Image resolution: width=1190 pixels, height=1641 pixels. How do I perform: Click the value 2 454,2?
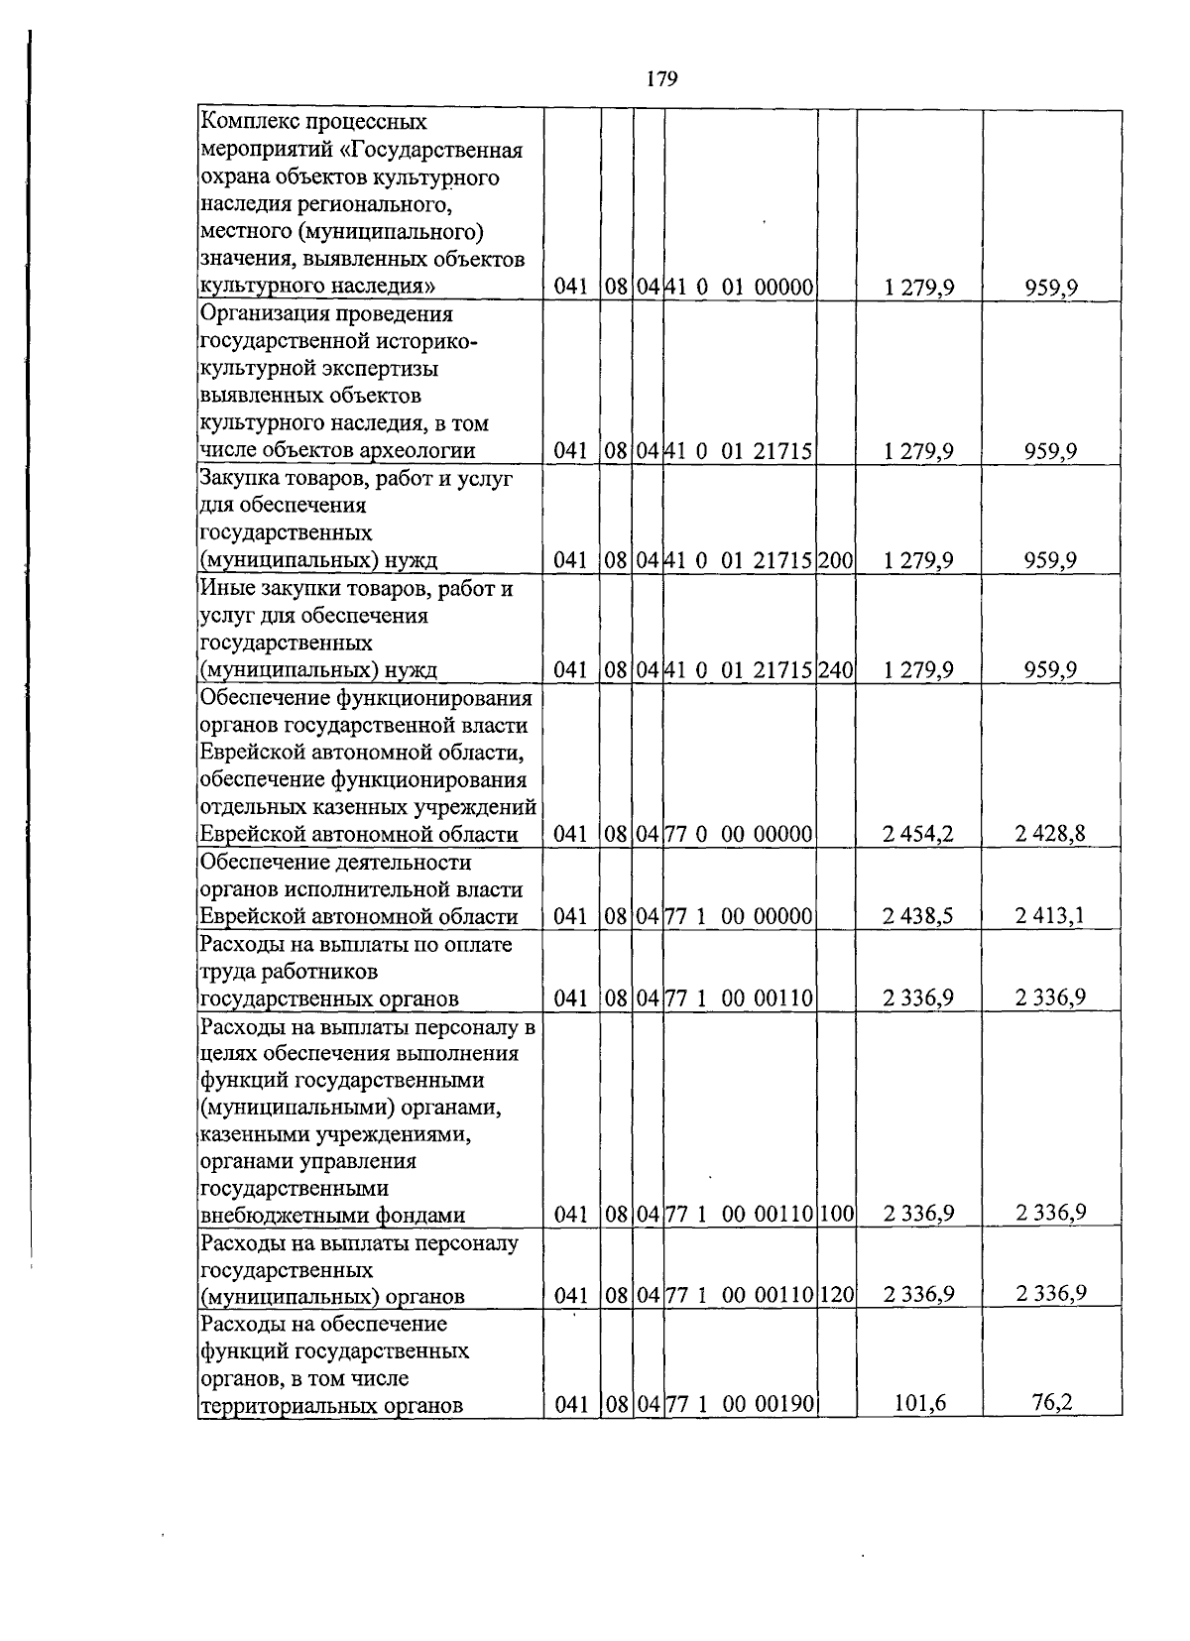point(918,834)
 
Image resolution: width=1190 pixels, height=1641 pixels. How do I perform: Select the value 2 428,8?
point(1050,834)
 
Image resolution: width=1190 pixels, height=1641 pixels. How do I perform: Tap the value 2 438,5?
point(918,916)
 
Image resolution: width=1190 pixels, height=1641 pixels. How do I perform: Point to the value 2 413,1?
point(1050,915)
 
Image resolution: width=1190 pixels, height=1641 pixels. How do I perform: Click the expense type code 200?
point(836,561)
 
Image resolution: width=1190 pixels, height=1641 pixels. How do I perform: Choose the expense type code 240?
point(836,670)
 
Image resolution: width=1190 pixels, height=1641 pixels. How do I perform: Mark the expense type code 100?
point(836,1214)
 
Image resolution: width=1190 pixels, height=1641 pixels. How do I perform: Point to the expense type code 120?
point(836,1295)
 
